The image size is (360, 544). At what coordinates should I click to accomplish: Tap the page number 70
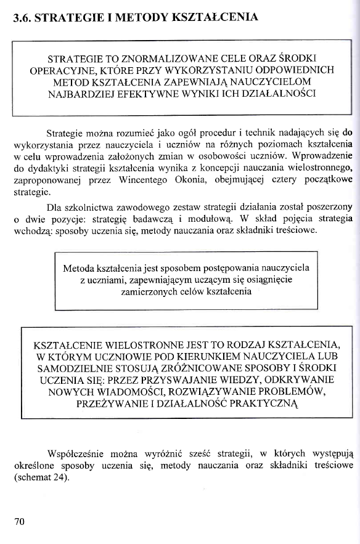coord(19,521)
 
